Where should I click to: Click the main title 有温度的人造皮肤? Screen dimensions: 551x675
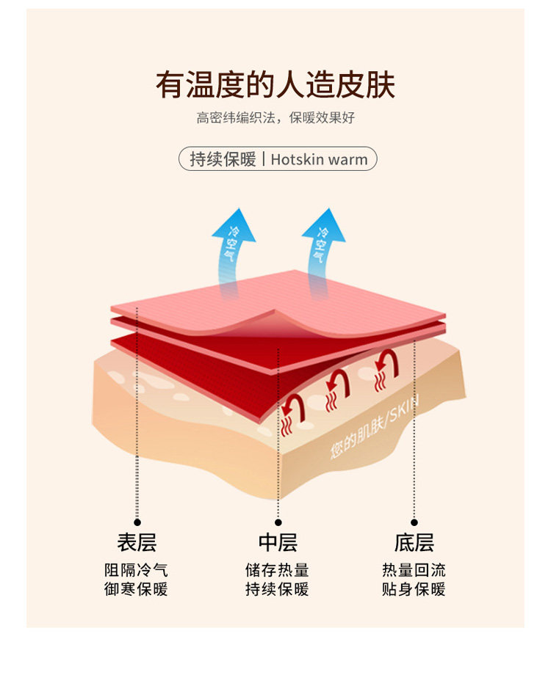[x=275, y=86]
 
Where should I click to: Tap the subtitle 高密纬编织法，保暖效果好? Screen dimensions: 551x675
[x=275, y=118]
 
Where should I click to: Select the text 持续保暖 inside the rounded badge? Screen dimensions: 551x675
[x=223, y=159]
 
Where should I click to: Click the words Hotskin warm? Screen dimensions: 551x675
[x=319, y=159]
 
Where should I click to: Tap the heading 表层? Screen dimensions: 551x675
[x=137, y=543]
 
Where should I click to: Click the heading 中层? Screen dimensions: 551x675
[x=278, y=543]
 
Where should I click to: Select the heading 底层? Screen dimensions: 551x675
[x=414, y=543]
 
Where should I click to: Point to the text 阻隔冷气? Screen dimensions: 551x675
[x=137, y=570]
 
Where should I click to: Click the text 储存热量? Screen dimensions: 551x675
[x=278, y=570]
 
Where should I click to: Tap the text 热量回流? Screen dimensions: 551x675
[x=414, y=570]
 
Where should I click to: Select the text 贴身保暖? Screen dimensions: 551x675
[x=414, y=589]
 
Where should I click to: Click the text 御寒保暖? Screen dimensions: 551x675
[x=137, y=589]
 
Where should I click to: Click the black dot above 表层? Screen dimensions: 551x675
[x=137, y=522]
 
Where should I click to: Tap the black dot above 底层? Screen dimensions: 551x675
[x=414, y=522]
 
